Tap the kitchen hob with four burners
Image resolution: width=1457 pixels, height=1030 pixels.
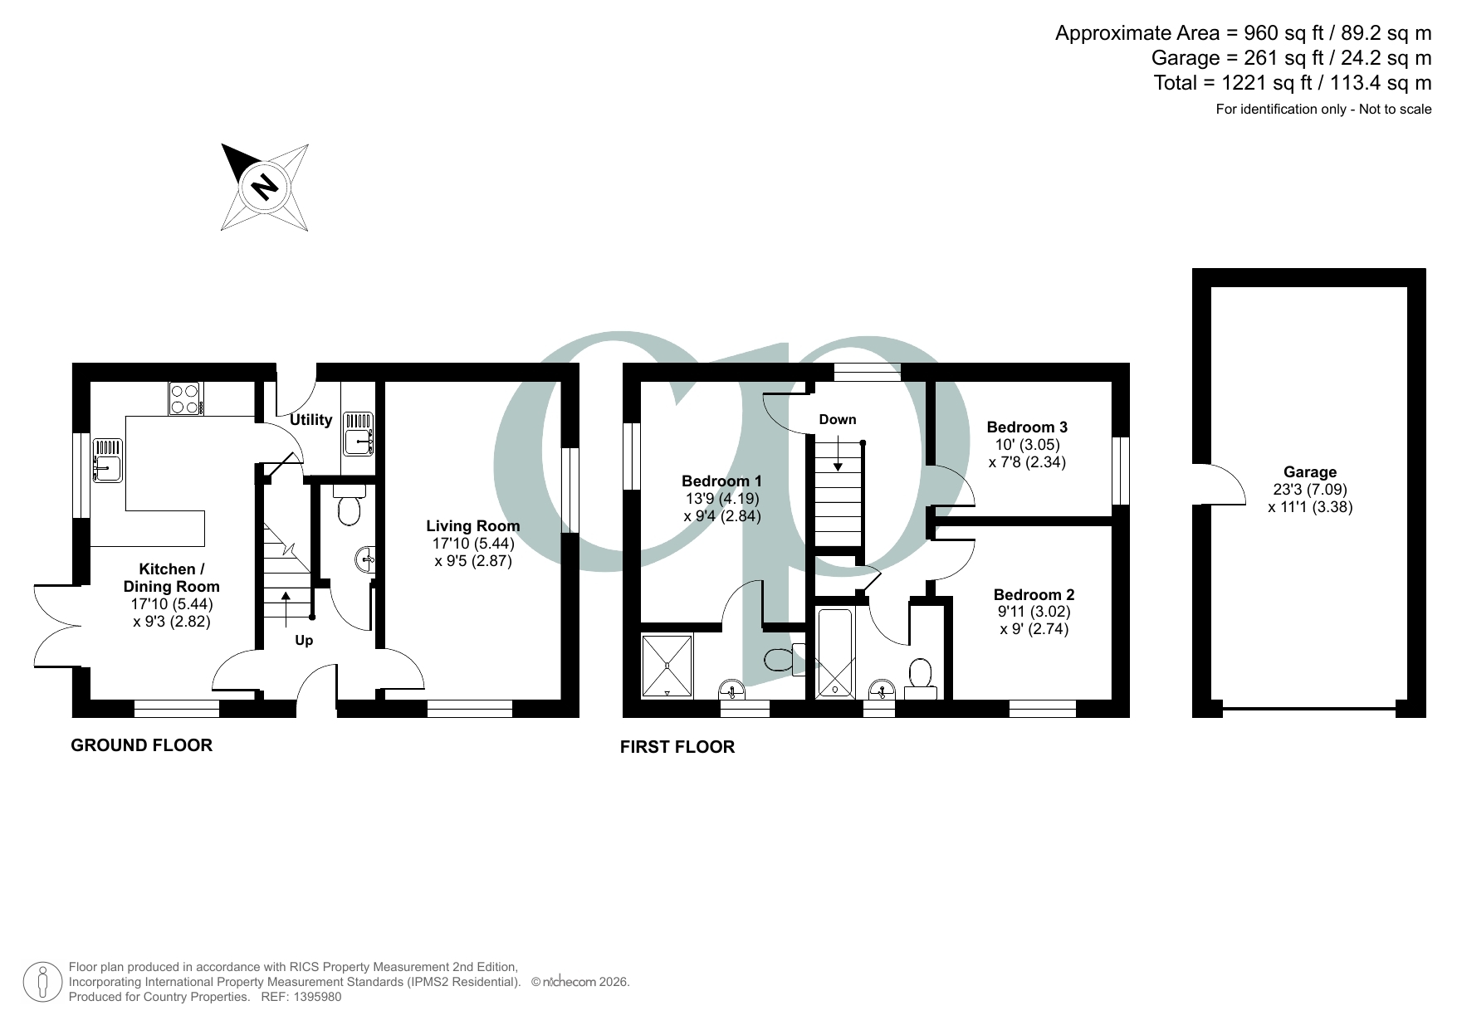click(x=185, y=398)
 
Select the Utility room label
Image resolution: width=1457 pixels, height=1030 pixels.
click(x=310, y=420)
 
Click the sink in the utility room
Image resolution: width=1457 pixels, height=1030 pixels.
click(x=358, y=434)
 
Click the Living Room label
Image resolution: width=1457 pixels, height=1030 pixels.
click(x=472, y=526)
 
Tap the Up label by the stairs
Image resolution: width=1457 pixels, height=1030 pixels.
click(x=304, y=641)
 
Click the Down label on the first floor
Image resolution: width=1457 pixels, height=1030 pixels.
click(x=837, y=420)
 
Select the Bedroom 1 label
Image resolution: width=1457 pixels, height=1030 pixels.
click(x=721, y=481)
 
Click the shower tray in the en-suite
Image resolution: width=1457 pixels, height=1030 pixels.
click(x=667, y=666)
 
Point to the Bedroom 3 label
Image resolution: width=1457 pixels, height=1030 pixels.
click(x=1027, y=427)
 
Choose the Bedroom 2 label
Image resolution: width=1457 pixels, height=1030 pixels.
click(x=1034, y=595)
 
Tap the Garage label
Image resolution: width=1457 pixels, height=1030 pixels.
click(x=1309, y=472)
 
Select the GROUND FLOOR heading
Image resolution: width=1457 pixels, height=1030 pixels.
click(x=141, y=745)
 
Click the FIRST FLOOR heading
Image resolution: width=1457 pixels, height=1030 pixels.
click(x=677, y=747)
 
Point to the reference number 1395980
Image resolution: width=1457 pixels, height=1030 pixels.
click(x=313, y=997)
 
